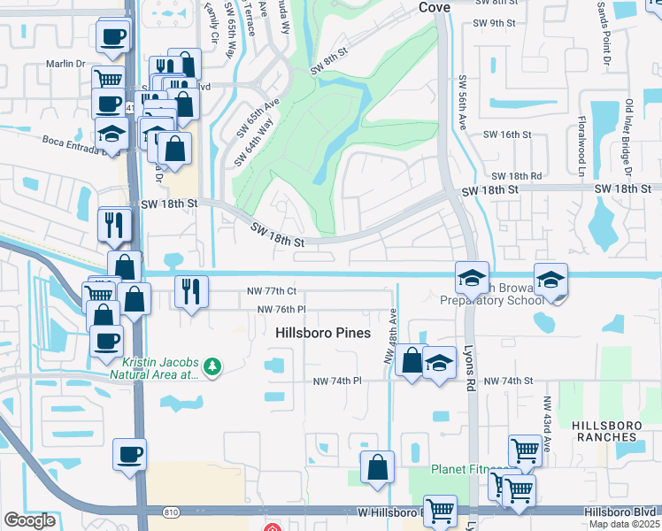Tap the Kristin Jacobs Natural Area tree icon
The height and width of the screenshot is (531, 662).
click(x=212, y=366)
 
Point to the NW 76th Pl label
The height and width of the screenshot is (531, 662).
click(x=281, y=309)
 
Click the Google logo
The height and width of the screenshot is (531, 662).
click(x=30, y=520)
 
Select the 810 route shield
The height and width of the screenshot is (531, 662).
click(x=170, y=512)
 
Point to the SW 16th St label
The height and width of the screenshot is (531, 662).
click(x=506, y=134)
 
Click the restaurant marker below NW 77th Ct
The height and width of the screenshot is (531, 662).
click(x=191, y=291)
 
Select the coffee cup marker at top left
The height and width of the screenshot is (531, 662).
click(x=113, y=36)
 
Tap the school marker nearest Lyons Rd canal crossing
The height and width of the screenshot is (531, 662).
click(x=472, y=278)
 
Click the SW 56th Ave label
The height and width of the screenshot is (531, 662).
click(x=462, y=104)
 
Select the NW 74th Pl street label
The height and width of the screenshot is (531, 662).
click(x=337, y=381)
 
